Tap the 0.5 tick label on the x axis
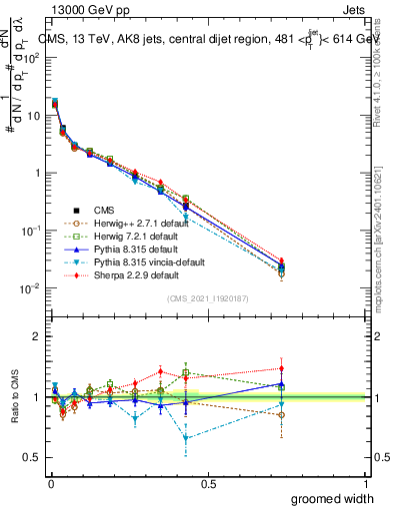click(207, 483)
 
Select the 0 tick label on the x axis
click(49, 483)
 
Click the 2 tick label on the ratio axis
click(37, 336)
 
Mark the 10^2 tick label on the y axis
click(31, 57)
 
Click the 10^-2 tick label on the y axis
click(31, 288)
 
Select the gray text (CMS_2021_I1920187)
click(208, 298)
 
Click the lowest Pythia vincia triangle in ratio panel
click(186, 438)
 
